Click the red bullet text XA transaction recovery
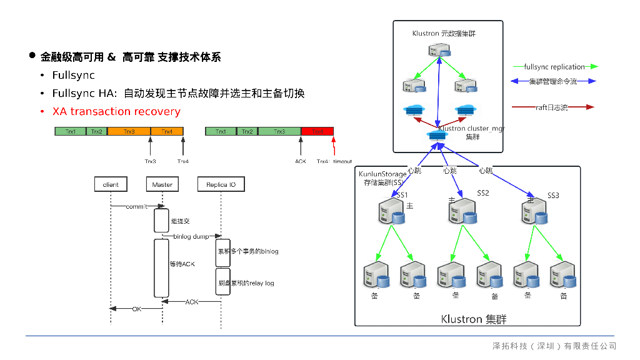[x=116, y=112]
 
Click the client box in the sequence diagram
[x=111, y=184]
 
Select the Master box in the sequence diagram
[x=162, y=184]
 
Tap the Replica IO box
[x=221, y=184]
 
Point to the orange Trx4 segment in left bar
[x=167, y=131]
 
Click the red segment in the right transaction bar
[x=317, y=131]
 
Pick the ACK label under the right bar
[x=301, y=161]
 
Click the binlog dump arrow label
[x=191, y=236]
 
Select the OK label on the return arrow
[x=136, y=309]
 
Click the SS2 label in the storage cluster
[x=483, y=193]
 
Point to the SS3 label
[x=553, y=196]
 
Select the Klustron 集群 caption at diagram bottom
[x=473, y=319]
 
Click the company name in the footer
[x=554, y=346]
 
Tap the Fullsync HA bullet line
[x=178, y=94]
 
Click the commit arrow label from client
[x=137, y=206]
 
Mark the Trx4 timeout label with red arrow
[x=334, y=161]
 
